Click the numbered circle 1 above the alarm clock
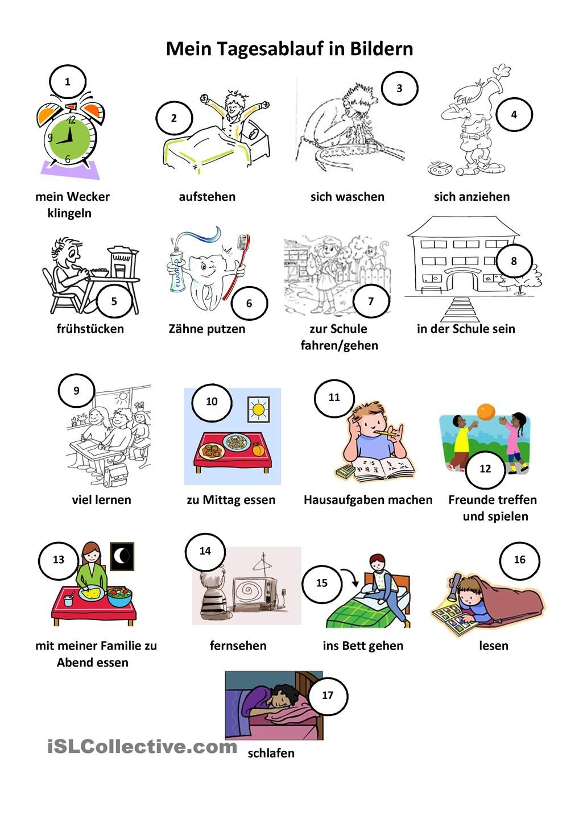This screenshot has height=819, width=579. [x=68, y=81]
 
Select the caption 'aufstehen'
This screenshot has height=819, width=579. [x=207, y=197]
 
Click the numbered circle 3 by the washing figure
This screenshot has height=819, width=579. [x=399, y=88]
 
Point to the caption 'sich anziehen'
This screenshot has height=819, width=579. [x=472, y=197]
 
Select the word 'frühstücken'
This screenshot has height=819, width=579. [x=90, y=329]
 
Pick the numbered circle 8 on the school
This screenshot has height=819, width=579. [x=514, y=261]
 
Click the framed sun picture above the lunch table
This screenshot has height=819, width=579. [x=258, y=410]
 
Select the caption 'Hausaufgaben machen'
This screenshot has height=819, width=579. [x=368, y=500]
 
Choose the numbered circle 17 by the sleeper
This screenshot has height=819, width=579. [x=328, y=695]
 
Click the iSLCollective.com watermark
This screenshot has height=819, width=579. [x=142, y=746]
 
